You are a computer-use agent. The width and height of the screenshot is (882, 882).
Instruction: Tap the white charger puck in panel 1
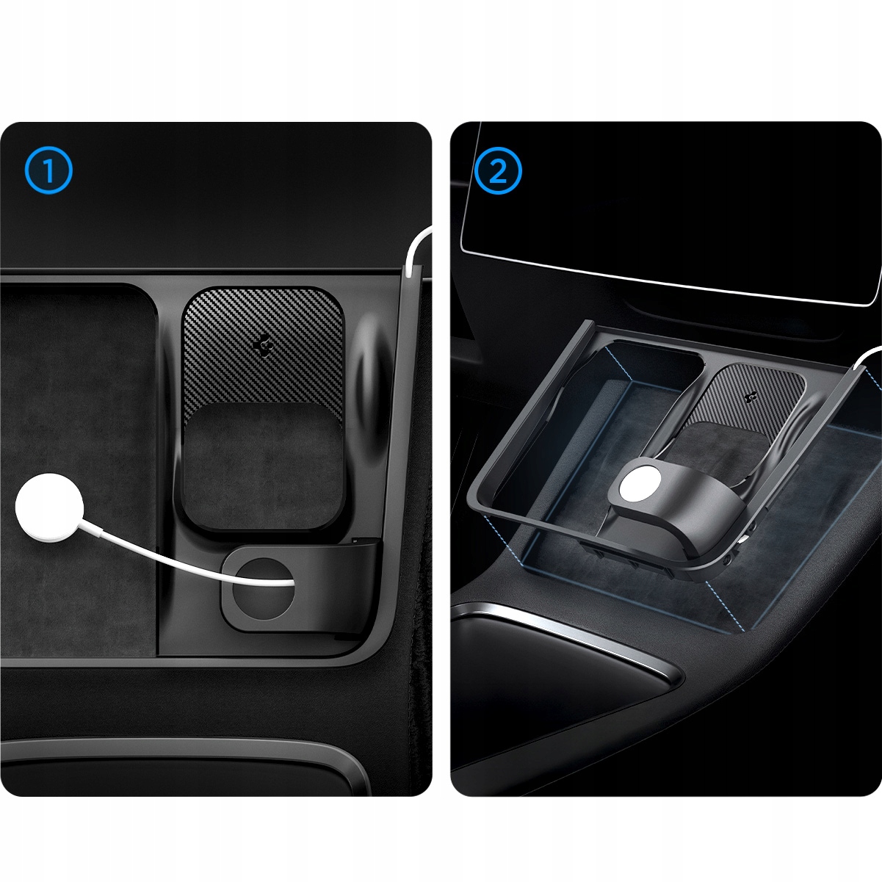[x=49, y=507]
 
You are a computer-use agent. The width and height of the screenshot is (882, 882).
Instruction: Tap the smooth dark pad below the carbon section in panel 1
[x=262, y=467]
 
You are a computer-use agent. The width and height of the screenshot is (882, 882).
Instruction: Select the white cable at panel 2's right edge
[x=867, y=358]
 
